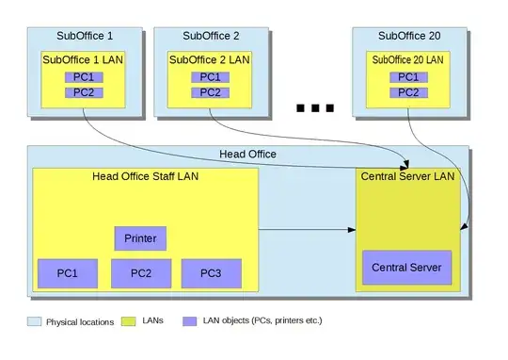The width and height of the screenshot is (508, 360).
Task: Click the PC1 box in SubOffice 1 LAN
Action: [83, 76]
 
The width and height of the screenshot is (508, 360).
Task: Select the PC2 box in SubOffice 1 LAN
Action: [83, 91]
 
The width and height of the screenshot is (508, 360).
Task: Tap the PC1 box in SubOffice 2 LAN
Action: [211, 76]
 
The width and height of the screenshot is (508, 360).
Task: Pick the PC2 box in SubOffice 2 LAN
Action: [211, 91]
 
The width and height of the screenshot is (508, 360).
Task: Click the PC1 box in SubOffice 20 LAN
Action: [408, 76]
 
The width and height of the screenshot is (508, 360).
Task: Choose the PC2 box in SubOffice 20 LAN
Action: [408, 91]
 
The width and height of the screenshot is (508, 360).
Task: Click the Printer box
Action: [140, 238]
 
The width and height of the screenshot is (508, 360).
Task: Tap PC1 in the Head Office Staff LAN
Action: [67, 273]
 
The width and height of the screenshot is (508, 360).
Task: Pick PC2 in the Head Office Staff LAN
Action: [140, 273]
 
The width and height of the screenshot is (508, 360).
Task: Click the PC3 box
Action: [212, 273]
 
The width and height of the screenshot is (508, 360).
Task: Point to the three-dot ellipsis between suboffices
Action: [315, 108]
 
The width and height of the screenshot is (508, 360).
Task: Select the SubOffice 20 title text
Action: [408, 36]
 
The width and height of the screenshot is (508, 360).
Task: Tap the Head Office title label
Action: [248, 155]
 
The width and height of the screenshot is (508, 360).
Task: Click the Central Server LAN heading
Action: [407, 176]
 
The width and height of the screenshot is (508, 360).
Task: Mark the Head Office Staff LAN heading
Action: [145, 176]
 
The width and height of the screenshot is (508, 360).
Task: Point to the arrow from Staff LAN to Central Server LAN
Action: [306, 229]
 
